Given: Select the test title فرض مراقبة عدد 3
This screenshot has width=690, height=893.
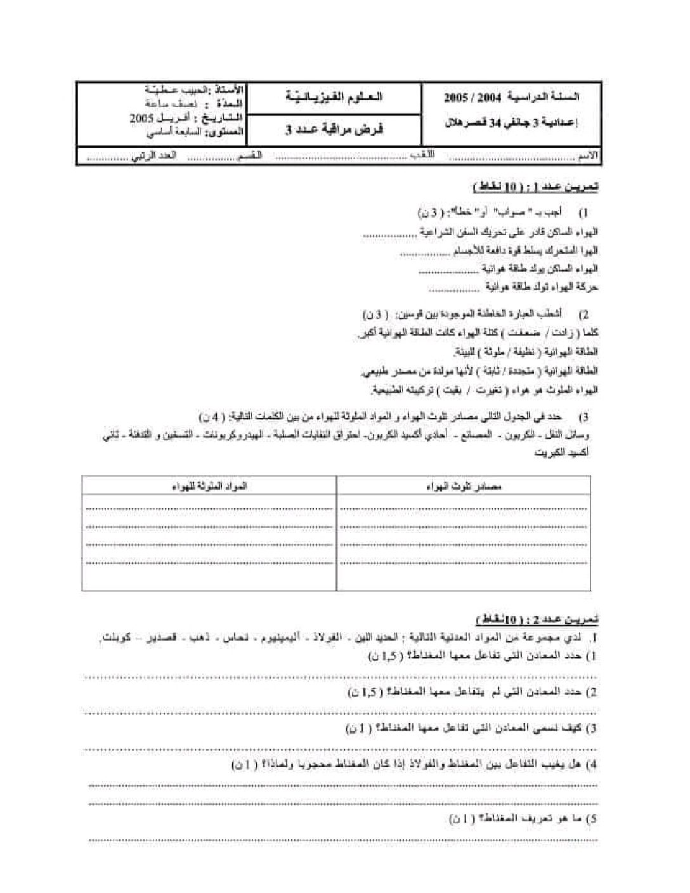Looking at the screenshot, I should (333, 129).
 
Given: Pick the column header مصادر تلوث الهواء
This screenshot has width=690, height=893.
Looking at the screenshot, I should (465, 486).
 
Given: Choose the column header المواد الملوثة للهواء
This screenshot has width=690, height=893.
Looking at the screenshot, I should (209, 486).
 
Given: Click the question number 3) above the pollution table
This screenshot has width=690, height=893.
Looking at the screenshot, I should (585, 417).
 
